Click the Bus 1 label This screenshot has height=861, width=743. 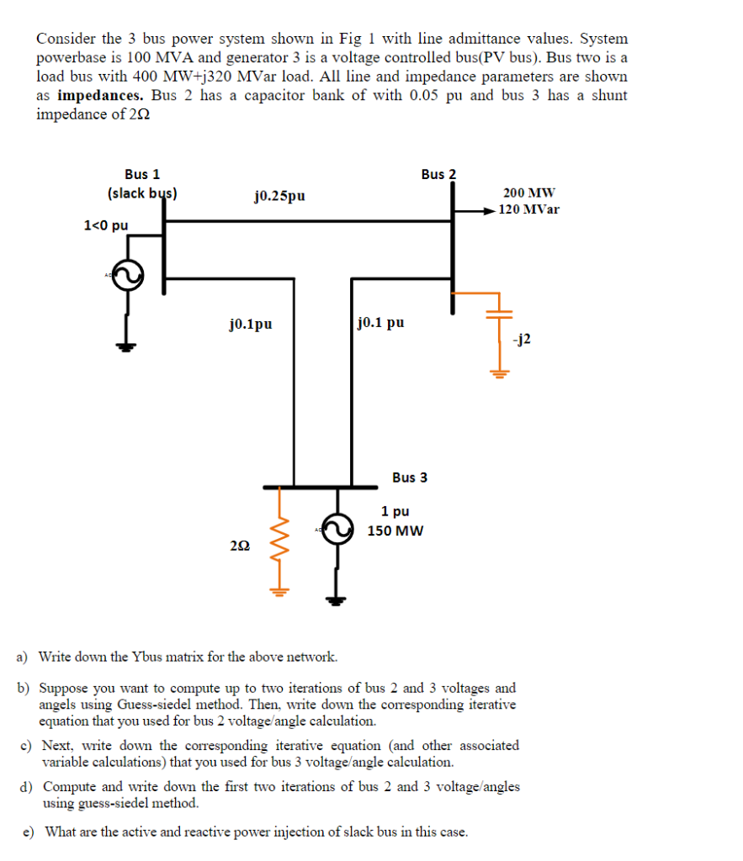[142, 174]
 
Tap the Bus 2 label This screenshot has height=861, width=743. [438, 174]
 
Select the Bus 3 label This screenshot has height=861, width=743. [410, 478]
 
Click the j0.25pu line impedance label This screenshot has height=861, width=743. [279, 196]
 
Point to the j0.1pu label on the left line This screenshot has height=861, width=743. [250, 322]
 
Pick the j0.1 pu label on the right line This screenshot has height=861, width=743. [381, 322]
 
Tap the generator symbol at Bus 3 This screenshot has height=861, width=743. [337, 530]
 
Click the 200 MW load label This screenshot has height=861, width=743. [529, 193]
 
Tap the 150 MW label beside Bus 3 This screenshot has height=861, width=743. [395, 531]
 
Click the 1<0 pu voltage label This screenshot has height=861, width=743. [106, 224]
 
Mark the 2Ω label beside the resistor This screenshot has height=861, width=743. [238, 547]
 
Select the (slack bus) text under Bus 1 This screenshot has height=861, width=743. [142, 193]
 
